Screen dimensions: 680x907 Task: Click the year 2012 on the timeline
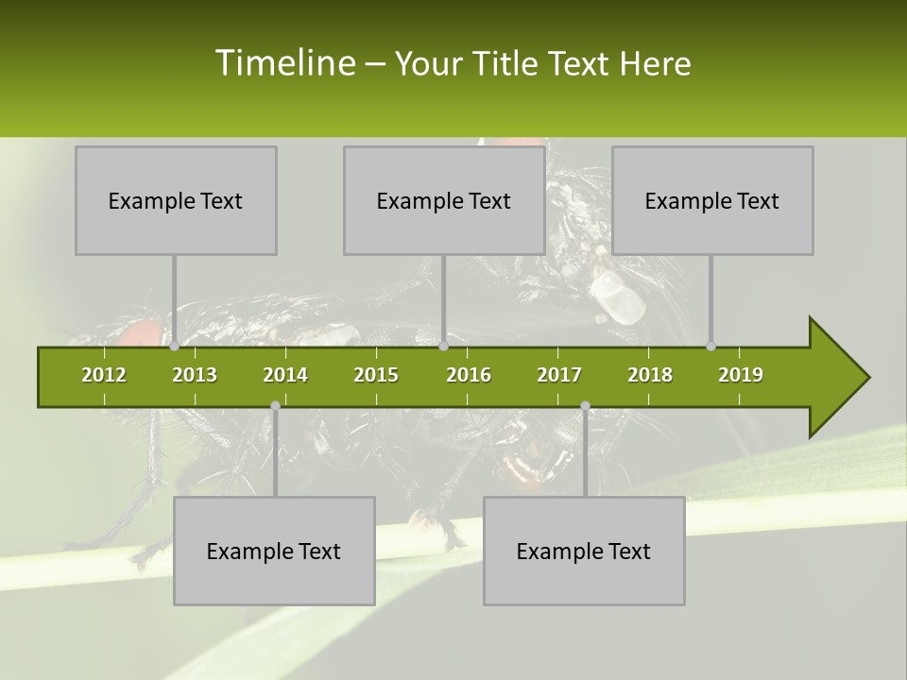(104, 375)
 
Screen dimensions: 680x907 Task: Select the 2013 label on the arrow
(195, 375)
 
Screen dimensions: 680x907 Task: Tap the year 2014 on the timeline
(285, 375)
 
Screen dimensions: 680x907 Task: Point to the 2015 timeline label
(376, 375)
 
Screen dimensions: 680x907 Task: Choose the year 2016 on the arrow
(469, 375)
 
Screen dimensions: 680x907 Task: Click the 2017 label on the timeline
(559, 375)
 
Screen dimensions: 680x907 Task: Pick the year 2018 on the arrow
(650, 375)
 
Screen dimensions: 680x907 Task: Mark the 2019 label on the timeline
(741, 375)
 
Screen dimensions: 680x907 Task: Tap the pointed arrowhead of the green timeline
(841, 378)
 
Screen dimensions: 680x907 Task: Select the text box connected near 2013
(176, 200)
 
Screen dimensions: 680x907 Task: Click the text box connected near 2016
(444, 200)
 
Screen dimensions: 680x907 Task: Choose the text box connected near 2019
(712, 200)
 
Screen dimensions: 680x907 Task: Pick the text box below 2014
(274, 551)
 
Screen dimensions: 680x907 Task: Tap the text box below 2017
(584, 551)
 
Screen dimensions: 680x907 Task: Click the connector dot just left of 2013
(174, 347)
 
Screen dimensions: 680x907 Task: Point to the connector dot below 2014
(275, 406)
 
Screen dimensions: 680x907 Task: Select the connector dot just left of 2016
(443, 347)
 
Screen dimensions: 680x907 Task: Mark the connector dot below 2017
(585, 406)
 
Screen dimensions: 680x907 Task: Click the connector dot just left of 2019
(710, 347)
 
